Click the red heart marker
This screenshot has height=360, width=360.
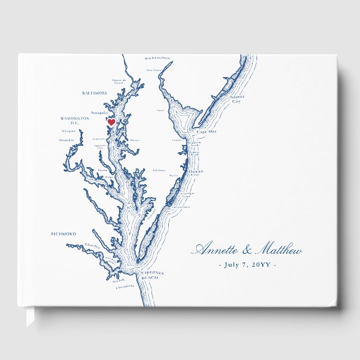click(x=111, y=122)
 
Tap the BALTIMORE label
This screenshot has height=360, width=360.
click(x=94, y=93)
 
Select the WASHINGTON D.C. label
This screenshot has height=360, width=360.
click(x=74, y=121)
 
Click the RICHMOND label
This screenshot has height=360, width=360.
click(x=63, y=234)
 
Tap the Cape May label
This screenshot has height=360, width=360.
click(x=207, y=132)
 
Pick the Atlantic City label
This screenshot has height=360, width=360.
click(x=238, y=99)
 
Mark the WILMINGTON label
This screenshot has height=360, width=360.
click(x=157, y=58)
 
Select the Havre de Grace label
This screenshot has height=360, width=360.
click(x=117, y=81)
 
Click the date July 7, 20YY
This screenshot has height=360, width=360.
click(x=247, y=264)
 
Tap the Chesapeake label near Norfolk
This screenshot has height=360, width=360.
click(x=126, y=287)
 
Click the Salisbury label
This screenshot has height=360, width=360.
click(x=159, y=170)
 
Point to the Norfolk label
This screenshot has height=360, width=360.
click(x=119, y=281)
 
